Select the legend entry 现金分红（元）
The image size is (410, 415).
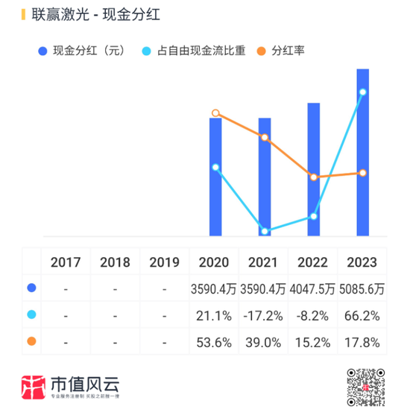(86, 51)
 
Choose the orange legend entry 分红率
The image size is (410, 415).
(288, 51)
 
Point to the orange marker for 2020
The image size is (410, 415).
(215, 113)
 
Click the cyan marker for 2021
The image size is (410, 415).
(265, 232)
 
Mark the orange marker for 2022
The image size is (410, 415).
(314, 177)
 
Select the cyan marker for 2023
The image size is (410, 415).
(363, 92)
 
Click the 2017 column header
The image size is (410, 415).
(66, 262)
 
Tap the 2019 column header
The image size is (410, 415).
(165, 262)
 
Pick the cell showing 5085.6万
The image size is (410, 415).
(362, 288)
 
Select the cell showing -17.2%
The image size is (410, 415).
(264, 315)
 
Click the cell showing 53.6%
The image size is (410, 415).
(215, 343)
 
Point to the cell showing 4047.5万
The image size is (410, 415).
(313, 288)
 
